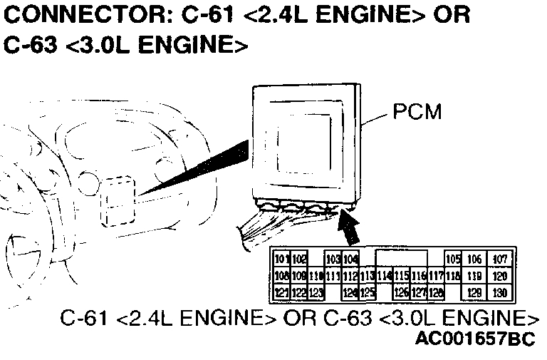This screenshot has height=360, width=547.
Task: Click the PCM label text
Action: coord(417,113)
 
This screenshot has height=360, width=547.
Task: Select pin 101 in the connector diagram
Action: coord(281,259)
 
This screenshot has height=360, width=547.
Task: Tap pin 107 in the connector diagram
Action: coord(500,259)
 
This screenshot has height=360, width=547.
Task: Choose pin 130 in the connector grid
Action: coord(500,292)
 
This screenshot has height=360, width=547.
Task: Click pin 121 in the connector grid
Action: coord(281,292)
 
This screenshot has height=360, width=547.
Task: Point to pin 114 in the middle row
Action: coord(384,276)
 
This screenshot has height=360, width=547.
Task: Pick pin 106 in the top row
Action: coord(474,259)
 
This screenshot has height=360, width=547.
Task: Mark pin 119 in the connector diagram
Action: coord(474,276)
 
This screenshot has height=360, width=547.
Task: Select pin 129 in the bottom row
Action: coord(474,292)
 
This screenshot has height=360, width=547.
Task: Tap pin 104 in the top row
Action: coord(350,259)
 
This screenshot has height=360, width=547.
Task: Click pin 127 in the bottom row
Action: coord(419,292)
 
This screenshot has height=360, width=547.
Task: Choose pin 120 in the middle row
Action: coord(500,276)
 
